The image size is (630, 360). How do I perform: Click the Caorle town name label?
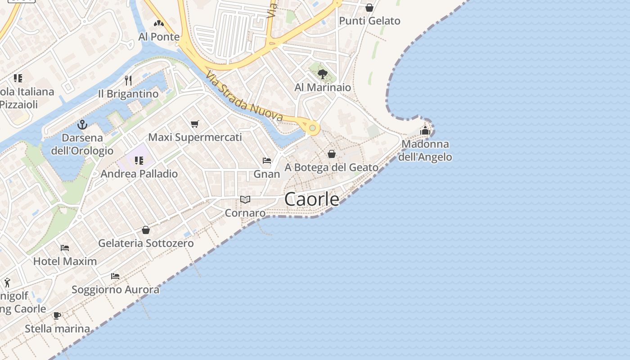click(312, 199)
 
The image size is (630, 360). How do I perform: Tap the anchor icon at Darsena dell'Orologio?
click(82, 124)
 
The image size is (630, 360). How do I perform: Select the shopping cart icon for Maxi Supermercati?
click(195, 124)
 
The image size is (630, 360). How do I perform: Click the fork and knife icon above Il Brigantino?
click(128, 81)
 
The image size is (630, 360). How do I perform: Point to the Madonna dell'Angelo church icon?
click(425, 131)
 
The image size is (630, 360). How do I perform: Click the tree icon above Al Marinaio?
click(322, 74)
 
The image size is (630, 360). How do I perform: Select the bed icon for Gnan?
click(267, 161)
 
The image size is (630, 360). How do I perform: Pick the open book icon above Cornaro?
click(245, 199)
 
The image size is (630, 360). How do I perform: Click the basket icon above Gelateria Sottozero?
click(146, 230)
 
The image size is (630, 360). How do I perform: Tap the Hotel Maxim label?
click(65, 261)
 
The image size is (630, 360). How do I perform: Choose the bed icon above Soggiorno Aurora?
click(115, 276)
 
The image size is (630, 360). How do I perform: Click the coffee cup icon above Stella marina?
click(57, 315)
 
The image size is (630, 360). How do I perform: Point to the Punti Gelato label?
click(369, 21)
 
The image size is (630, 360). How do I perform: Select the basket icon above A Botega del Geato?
click(332, 154)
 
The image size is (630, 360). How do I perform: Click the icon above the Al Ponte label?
click(158, 23)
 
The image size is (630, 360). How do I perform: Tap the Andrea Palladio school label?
click(139, 174)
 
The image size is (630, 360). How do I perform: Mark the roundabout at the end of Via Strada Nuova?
click(312, 128)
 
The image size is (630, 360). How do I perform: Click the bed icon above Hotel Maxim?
click(65, 248)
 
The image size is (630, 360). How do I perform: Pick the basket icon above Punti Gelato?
click(369, 8)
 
